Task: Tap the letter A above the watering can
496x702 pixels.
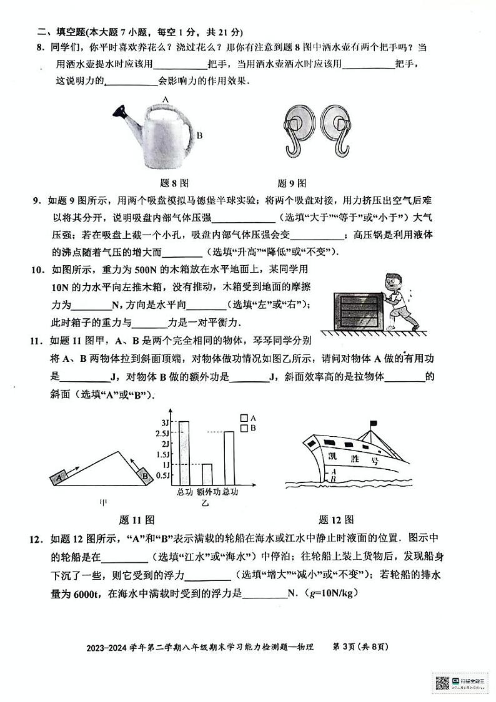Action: [x=166, y=99]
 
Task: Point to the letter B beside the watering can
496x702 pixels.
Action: [x=199, y=134]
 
